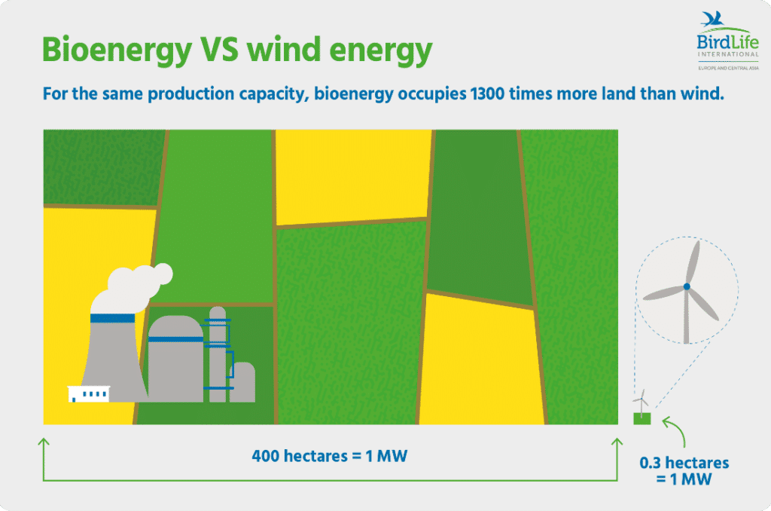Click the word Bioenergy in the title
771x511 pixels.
click(117, 50)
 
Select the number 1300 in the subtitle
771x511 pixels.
click(487, 93)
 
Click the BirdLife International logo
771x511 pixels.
click(728, 41)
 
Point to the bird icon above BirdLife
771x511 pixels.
click(714, 19)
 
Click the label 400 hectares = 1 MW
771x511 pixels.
click(330, 456)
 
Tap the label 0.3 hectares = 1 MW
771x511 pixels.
click(684, 470)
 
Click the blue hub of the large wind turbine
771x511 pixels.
click(687, 286)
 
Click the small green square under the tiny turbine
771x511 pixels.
click(641, 418)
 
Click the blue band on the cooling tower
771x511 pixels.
click(113, 319)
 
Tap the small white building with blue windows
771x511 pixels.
click(89, 394)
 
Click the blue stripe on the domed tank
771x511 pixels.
click(175, 339)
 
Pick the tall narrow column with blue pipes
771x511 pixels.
click(218, 354)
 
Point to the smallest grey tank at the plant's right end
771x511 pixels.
click(242, 382)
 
